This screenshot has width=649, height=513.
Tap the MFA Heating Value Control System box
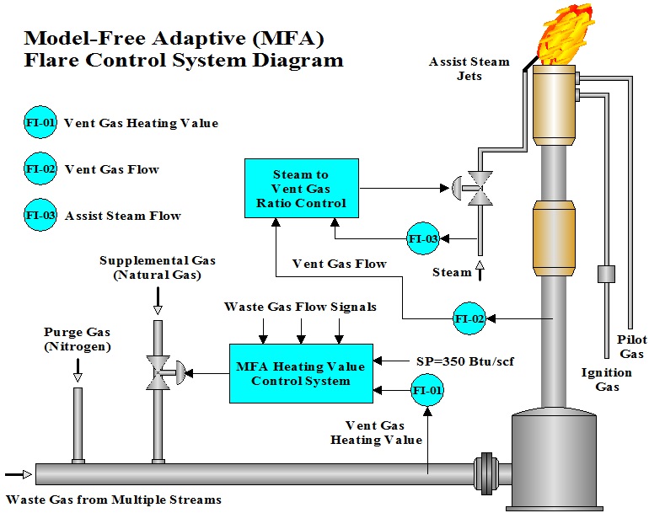(301, 373)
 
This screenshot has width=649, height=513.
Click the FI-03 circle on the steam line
(423, 239)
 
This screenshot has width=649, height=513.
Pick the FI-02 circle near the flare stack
(470, 318)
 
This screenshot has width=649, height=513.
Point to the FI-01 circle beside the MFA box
(427, 391)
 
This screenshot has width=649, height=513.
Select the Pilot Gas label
(632, 346)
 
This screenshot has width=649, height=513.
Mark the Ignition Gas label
(606, 379)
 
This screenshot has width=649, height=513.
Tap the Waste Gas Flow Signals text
(300, 307)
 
